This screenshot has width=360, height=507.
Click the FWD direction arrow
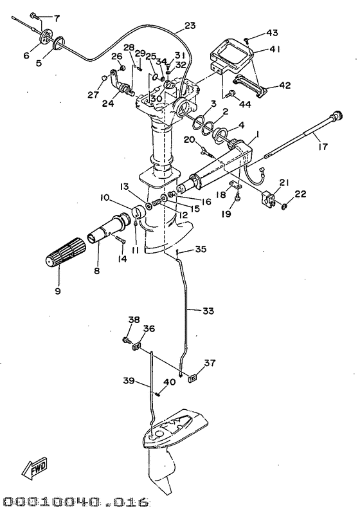(35, 469)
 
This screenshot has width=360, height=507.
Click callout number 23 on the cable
(190, 26)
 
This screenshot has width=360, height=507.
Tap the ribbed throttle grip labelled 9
(66, 252)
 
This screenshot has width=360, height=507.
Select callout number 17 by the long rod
(323, 147)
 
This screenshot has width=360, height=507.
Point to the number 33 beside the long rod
(208, 311)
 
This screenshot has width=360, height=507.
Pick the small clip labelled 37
(193, 378)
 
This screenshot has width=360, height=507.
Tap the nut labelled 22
(284, 207)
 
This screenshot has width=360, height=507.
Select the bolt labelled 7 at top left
(35, 15)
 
